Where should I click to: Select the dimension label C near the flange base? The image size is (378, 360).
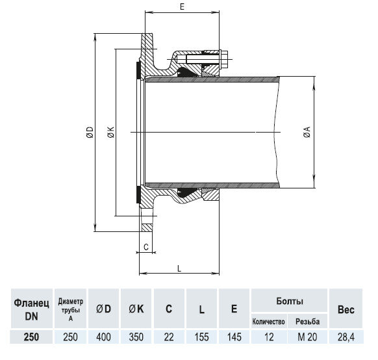(147, 247)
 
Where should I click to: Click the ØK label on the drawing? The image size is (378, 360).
(110, 133)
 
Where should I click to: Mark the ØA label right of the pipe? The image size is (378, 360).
(307, 133)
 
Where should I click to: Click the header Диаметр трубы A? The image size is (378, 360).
(71, 309)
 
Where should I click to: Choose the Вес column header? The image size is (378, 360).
(346, 309)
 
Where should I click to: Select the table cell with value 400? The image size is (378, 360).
(104, 337)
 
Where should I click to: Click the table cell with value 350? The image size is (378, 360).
(136, 337)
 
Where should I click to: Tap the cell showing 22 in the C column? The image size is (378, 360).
(168, 337)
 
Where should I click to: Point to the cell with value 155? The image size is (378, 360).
(202, 337)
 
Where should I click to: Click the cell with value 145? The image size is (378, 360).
(234, 337)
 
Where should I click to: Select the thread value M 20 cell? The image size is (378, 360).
(307, 337)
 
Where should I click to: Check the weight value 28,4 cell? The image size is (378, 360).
(346, 337)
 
